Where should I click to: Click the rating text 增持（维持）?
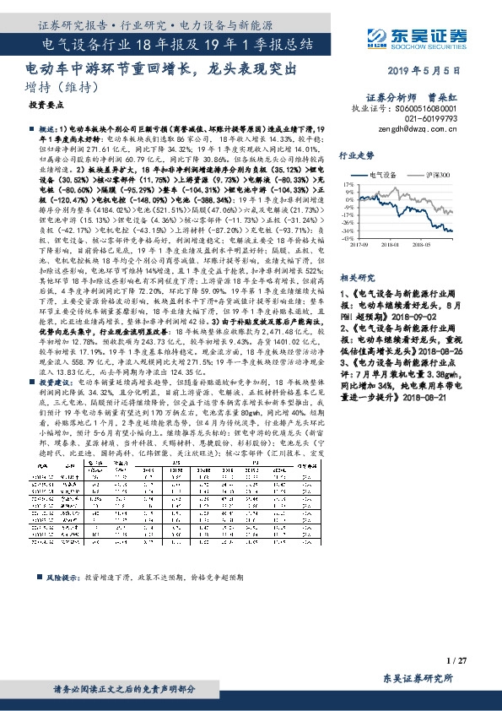pyautogui.click(x=53, y=87)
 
